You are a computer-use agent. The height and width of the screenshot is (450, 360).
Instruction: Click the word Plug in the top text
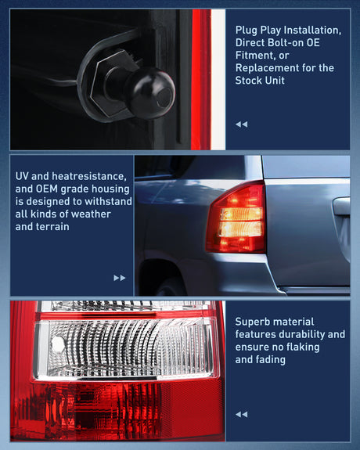pos(247,31)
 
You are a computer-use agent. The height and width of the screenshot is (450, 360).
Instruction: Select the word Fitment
pos(254,56)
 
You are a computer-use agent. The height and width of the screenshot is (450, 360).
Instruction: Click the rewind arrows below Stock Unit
pos(242,124)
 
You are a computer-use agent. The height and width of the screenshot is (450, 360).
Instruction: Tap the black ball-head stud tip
pos(151,93)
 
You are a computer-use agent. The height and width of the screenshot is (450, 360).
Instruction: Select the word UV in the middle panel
pos(22,176)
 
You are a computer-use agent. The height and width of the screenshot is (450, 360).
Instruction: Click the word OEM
pos(47,189)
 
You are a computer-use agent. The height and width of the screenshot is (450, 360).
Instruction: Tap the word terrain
pos(50,227)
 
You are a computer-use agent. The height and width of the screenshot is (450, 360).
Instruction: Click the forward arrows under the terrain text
pos(120,278)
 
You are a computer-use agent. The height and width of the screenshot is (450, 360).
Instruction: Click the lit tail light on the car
pos(236,218)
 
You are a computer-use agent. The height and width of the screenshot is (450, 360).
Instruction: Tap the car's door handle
pos(341,206)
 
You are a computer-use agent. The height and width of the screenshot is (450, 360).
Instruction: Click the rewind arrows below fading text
pos(242,414)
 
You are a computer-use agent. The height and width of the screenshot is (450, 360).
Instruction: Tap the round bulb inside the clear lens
pos(58,344)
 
